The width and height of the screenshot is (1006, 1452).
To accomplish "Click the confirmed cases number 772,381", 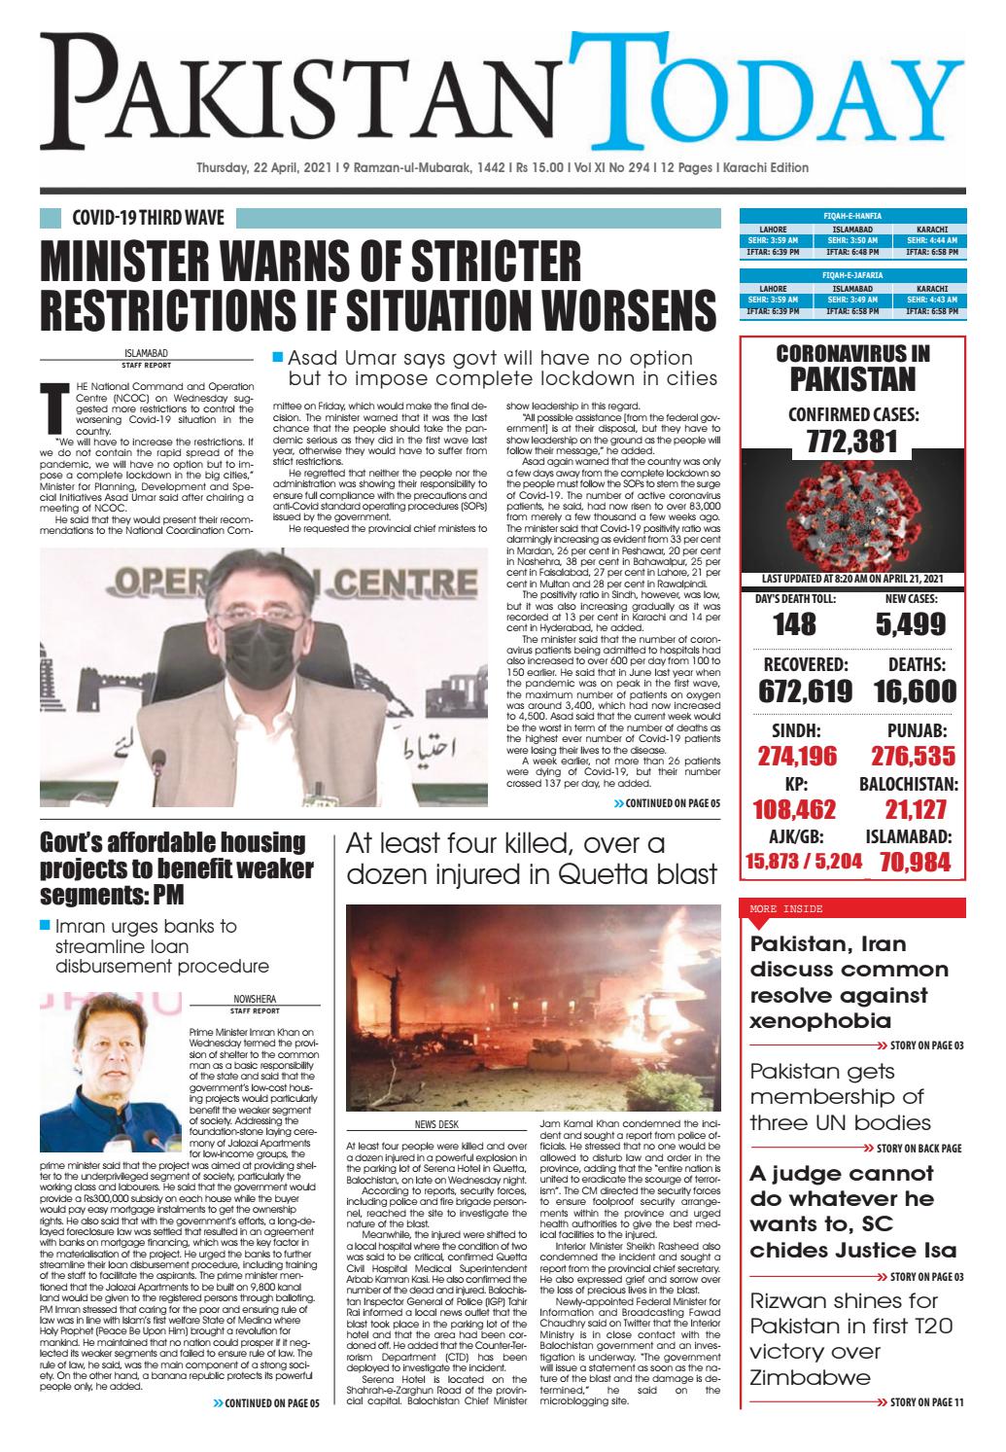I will [x=852, y=441].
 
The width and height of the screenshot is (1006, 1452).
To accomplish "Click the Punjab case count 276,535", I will [x=912, y=756].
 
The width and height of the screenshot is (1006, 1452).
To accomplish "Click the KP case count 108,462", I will [x=795, y=809].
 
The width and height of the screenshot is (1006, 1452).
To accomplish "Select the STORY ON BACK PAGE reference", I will [x=919, y=1148].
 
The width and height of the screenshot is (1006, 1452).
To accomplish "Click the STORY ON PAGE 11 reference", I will [x=919, y=1401].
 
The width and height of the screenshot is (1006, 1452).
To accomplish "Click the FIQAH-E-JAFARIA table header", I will [x=852, y=275].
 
